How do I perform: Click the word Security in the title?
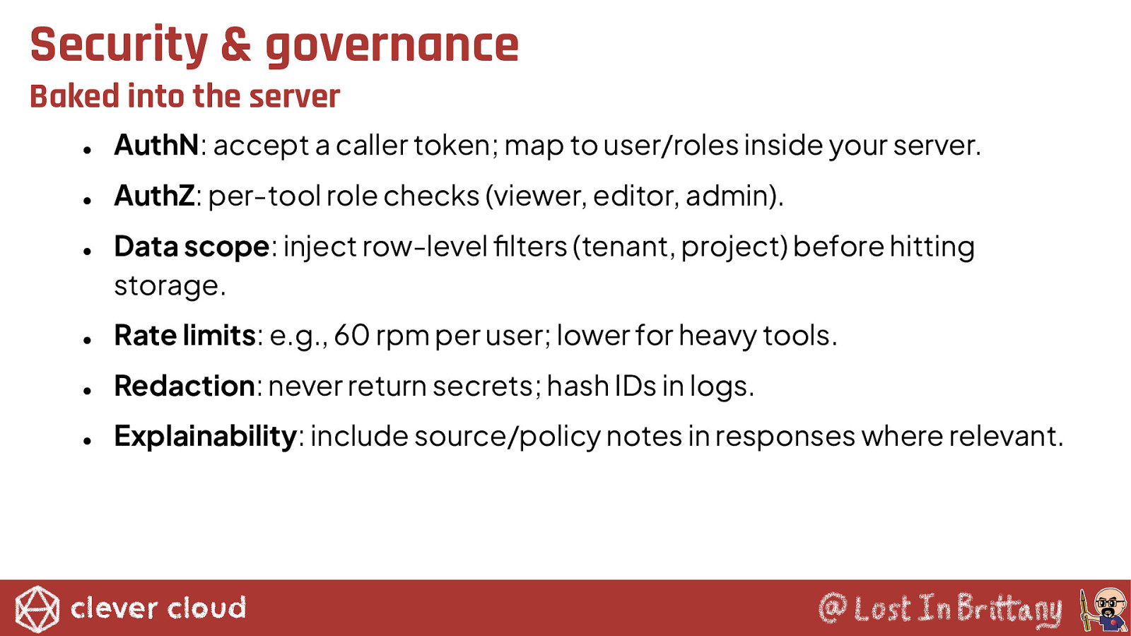pos(119,45)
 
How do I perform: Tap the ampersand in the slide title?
pos(236,45)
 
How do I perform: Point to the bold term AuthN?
pos(156,145)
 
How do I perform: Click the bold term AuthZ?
pos(154,195)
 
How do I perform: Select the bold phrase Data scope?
pos(192,247)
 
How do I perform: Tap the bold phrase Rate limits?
pos(184,335)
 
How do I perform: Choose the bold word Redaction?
pos(184,386)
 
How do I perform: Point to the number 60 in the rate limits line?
pos(351,335)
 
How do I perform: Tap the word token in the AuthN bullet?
pos(452,145)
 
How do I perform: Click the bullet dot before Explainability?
pos(88,441)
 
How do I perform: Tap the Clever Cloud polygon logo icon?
pos(37,608)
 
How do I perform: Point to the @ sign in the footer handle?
pos(833,608)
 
